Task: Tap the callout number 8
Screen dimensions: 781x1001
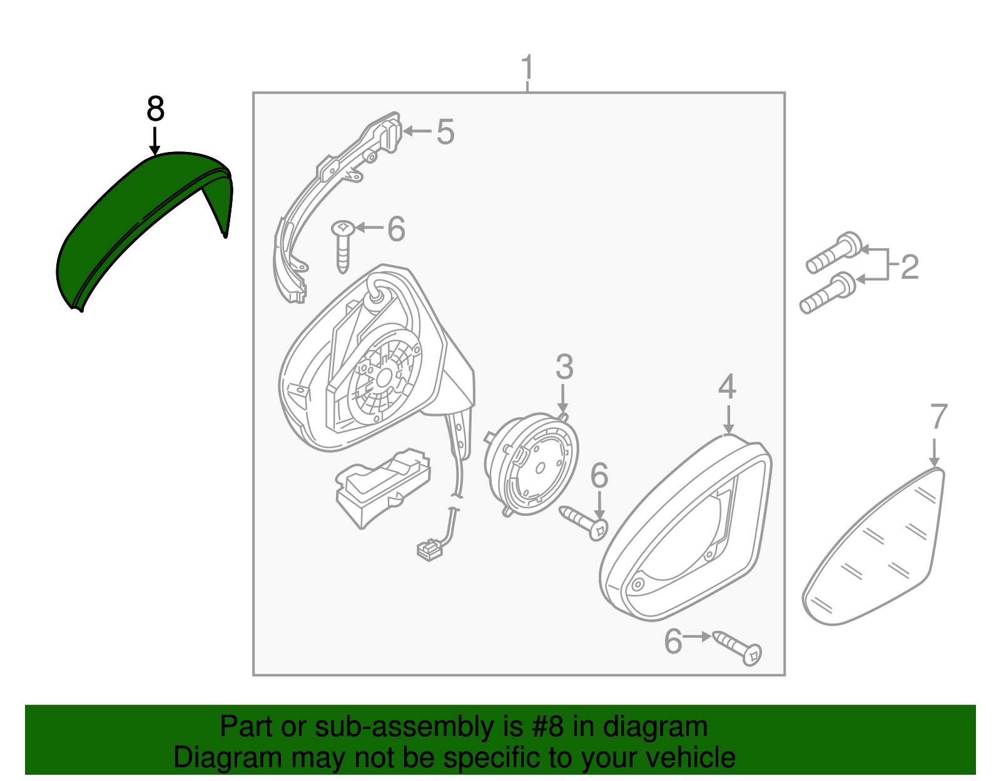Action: pyautogui.click(x=155, y=109)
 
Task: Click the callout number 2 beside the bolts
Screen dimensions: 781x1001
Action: pyautogui.click(x=909, y=267)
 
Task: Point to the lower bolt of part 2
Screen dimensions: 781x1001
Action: pyautogui.click(x=827, y=295)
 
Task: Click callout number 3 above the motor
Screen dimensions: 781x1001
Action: pyautogui.click(x=564, y=367)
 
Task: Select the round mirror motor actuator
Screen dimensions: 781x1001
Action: pyautogui.click(x=532, y=463)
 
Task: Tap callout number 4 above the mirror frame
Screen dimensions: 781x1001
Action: pyautogui.click(x=727, y=387)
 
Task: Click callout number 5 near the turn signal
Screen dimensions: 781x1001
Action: pyautogui.click(x=445, y=132)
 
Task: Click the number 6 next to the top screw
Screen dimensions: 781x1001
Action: pyautogui.click(x=396, y=229)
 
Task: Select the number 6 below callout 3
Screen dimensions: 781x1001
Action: pyautogui.click(x=599, y=476)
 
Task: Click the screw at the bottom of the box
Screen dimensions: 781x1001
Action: pyautogui.click(x=738, y=648)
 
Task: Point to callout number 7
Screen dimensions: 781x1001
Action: pyautogui.click(x=938, y=417)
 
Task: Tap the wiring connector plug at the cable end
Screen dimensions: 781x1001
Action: pyautogui.click(x=429, y=549)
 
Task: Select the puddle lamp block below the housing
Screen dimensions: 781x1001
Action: pyautogui.click(x=382, y=485)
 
